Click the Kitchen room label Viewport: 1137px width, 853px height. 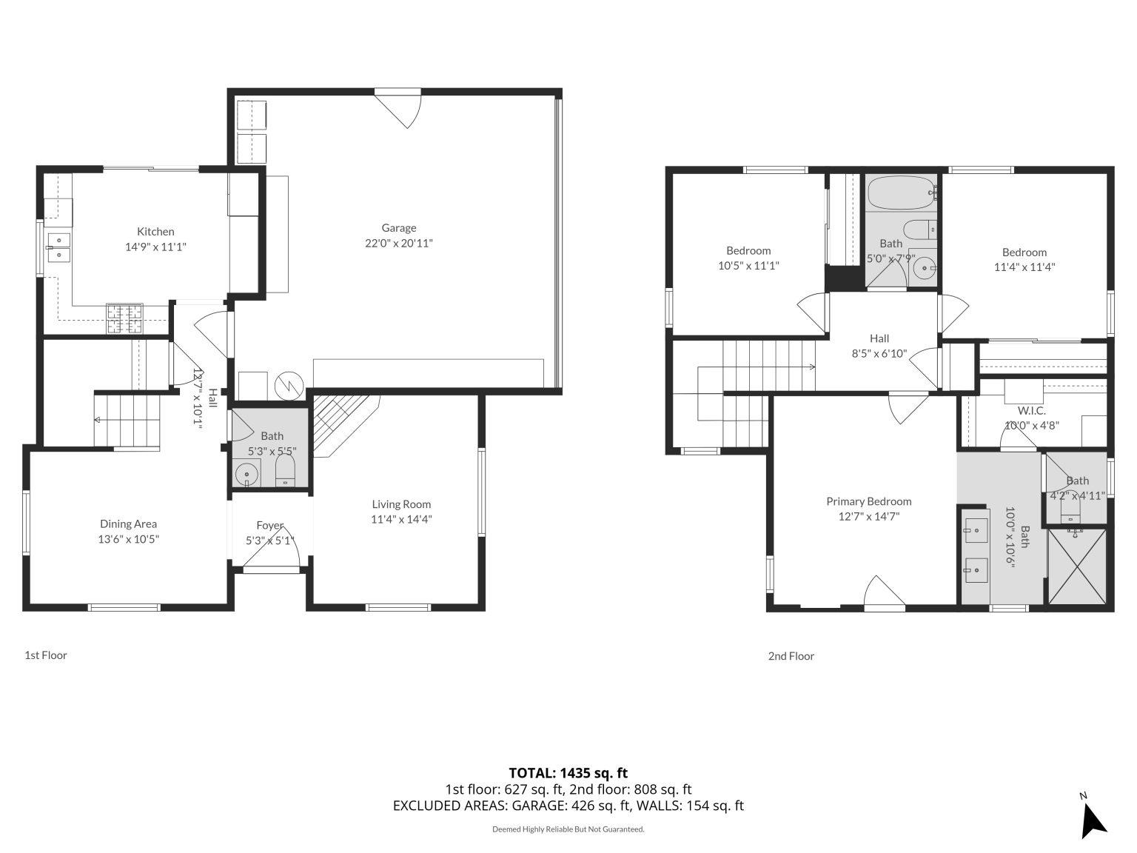coord(155,232)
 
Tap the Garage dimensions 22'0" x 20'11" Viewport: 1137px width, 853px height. coord(398,243)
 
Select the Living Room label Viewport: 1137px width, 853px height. coord(401,504)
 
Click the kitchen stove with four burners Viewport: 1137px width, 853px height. coord(124,318)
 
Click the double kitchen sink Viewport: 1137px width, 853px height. coord(58,247)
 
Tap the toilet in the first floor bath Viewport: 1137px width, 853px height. coord(285,471)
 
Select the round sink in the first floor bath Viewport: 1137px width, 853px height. coord(246,472)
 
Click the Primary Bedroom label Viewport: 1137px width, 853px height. coord(869,501)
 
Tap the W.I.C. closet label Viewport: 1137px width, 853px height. coord(1031,410)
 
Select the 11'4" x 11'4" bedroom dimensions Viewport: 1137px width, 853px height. coord(1024,267)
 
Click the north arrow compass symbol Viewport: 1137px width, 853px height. coord(1093,818)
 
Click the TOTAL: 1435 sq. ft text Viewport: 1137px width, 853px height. coord(568,773)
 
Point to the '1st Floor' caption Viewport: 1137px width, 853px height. coord(46,655)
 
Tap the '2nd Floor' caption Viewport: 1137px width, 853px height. coord(791,655)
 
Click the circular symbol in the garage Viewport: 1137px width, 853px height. coord(285,384)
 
